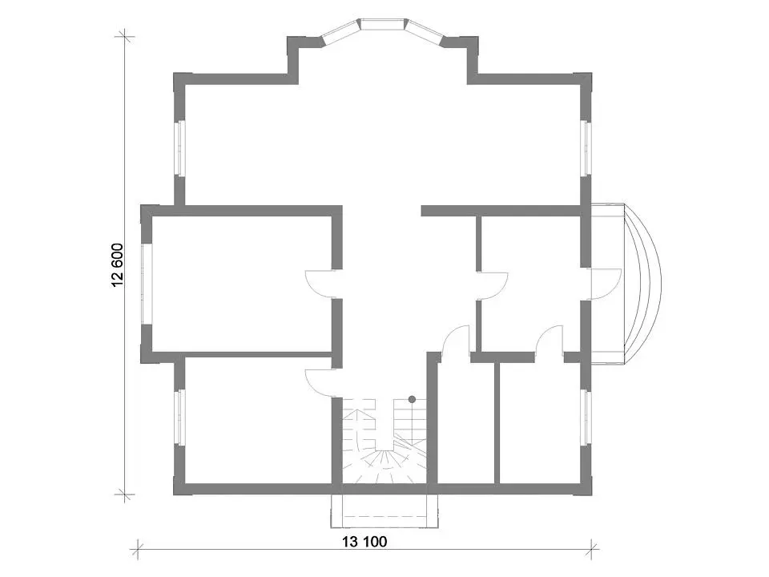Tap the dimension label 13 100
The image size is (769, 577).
364,542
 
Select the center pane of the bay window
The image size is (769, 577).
384,24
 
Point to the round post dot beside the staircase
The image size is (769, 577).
412,399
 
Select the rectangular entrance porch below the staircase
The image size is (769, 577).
384,511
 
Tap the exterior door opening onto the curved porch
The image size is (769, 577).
603,284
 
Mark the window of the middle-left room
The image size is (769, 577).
147,284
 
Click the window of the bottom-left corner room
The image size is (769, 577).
180,418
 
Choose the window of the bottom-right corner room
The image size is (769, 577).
586,418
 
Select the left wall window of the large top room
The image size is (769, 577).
180,148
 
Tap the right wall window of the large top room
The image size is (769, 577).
586,148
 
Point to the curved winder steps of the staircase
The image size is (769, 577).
384,464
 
